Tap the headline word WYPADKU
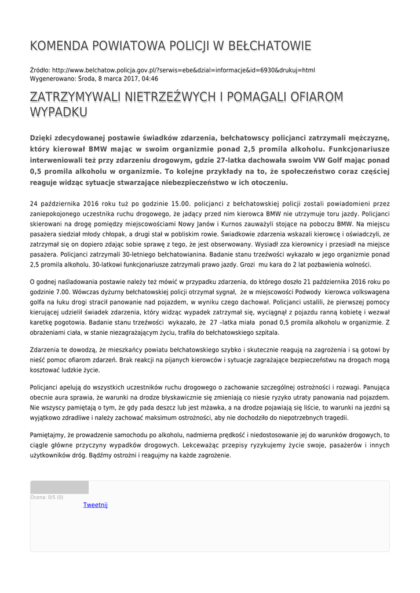(x=59, y=112)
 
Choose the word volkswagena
(x=367, y=292)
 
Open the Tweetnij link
(x=95, y=505)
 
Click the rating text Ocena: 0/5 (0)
(x=47, y=497)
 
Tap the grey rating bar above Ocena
(x=59, y=487)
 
